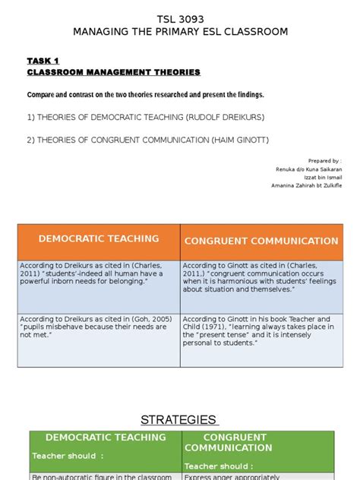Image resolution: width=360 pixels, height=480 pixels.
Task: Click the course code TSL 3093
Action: pos(180,17)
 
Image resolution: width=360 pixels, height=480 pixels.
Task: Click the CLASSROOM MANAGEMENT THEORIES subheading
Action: pos(114,72)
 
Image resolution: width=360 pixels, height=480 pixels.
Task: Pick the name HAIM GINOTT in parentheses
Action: pos(235,140)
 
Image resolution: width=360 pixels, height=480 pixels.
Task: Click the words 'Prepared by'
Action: pos(324,161)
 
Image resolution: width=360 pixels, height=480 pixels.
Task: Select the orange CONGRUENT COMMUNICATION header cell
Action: pos(261,241)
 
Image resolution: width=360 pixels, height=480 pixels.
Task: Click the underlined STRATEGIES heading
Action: pos(179,420)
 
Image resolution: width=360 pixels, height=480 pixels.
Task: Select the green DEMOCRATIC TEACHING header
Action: pos(106,437)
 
